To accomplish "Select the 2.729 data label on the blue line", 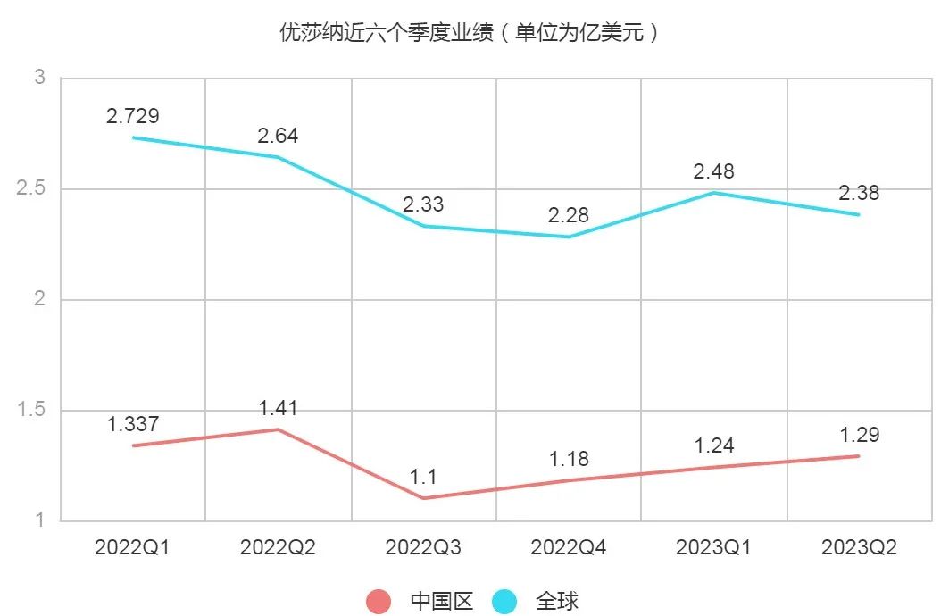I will (132, 116).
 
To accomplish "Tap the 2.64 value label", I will (278, 137).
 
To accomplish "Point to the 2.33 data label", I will (423, 204).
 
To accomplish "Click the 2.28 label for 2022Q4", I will (569, 215).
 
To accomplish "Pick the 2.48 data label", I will (713, 171).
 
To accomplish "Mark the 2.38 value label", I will (859, 193).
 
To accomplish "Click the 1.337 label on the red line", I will (132, 425).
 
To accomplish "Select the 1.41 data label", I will (278, 409).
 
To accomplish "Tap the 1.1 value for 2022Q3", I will (423, 477).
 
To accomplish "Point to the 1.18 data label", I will (569, 459).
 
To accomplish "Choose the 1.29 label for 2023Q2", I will (859, 435).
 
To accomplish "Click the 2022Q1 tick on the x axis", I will (132, 547).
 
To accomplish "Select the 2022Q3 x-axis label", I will (423, 547).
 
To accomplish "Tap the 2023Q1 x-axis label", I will (713, 547).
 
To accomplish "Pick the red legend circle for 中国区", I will (379, 602).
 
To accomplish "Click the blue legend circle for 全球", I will (504, 602).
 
